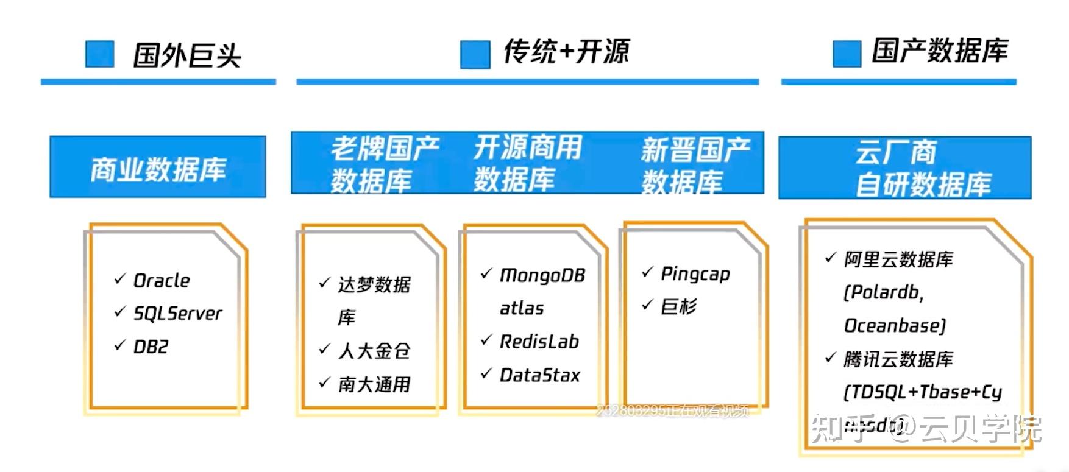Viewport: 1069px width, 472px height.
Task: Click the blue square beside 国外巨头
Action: click(x=99, y=54)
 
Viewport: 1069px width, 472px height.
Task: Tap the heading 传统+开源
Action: click(x=566, y=52)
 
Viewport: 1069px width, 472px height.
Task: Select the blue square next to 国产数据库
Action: click(x=847, y=54)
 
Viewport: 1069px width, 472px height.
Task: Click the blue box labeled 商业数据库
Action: click(x=158, y=167)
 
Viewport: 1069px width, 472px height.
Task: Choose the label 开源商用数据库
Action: click(x=528, y=163)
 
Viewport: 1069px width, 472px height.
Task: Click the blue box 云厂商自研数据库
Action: click(x=905, y=168)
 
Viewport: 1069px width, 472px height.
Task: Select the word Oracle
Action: click(x=162, y=281)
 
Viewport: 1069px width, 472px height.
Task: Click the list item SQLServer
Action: click(x=177, y=314)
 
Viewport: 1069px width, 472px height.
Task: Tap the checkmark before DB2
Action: click(x=119, y=345)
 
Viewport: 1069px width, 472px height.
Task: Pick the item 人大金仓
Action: click(x=374, y=351)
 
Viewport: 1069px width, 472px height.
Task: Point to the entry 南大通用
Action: click(x=374, y=384)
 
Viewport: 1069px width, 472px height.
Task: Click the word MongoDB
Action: click(x=542, y=276)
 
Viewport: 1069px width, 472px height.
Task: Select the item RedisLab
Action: click(x=539, y=342)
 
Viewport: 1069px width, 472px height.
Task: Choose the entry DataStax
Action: click(x=539, y=375)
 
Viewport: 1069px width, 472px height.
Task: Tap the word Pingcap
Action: click(x=695, y=274)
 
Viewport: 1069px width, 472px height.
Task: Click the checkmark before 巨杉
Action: click(x=647, y=305)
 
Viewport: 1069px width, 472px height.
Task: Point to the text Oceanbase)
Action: click(x=894, y=326)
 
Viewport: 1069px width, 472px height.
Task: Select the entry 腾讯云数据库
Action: click(x=898, y=359)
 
